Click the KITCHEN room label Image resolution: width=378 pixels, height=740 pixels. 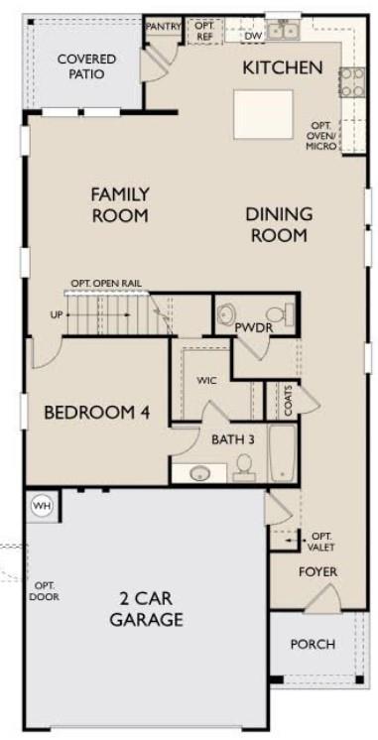pos(283,67)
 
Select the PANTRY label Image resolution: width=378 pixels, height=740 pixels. pos(163,27)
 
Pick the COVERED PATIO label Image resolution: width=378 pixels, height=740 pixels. pos(85,66)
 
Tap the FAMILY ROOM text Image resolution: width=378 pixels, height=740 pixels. pos(119,204)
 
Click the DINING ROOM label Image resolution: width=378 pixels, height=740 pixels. pos(279,224)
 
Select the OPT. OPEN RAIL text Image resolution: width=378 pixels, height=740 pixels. pos(105,284)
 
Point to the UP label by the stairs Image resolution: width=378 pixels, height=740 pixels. pos(56,315)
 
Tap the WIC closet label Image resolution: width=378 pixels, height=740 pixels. pos(206,380)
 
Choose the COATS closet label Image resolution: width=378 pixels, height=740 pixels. pos(288,403)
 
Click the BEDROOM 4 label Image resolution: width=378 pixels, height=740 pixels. pos(97,412)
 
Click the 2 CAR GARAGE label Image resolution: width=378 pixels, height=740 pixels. pos(147,610)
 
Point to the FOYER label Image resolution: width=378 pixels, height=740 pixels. pos(318,572)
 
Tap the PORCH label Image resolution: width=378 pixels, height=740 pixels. pos(313,644)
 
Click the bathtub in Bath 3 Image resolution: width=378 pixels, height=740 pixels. pos(282,453)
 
